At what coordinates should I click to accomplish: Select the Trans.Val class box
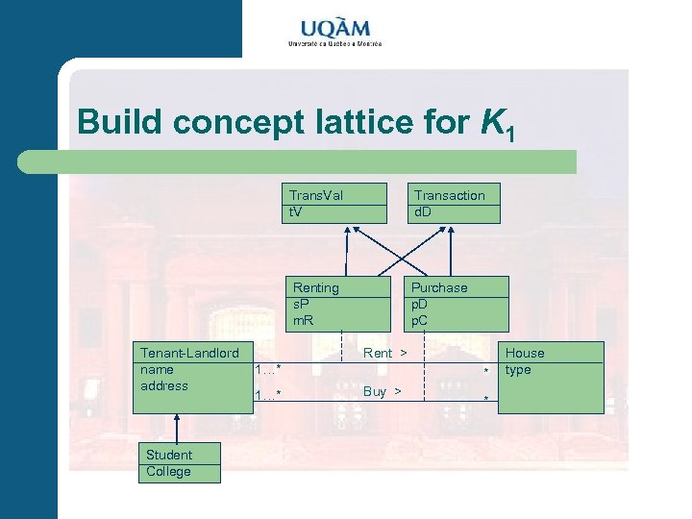pos(337,203)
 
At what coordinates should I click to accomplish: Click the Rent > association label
pos(384,354)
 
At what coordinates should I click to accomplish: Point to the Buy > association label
pos(382,391)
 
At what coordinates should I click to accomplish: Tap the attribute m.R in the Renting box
pos(304,319)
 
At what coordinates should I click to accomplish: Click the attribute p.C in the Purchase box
pos(422,319)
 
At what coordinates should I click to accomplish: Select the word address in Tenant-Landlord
pos(163,386)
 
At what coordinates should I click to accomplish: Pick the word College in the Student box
pos(168,472)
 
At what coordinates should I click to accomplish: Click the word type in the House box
pos(518,370)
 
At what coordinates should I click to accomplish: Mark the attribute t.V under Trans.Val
pos(296,211)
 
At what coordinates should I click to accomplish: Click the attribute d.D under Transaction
pos(423,211)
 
